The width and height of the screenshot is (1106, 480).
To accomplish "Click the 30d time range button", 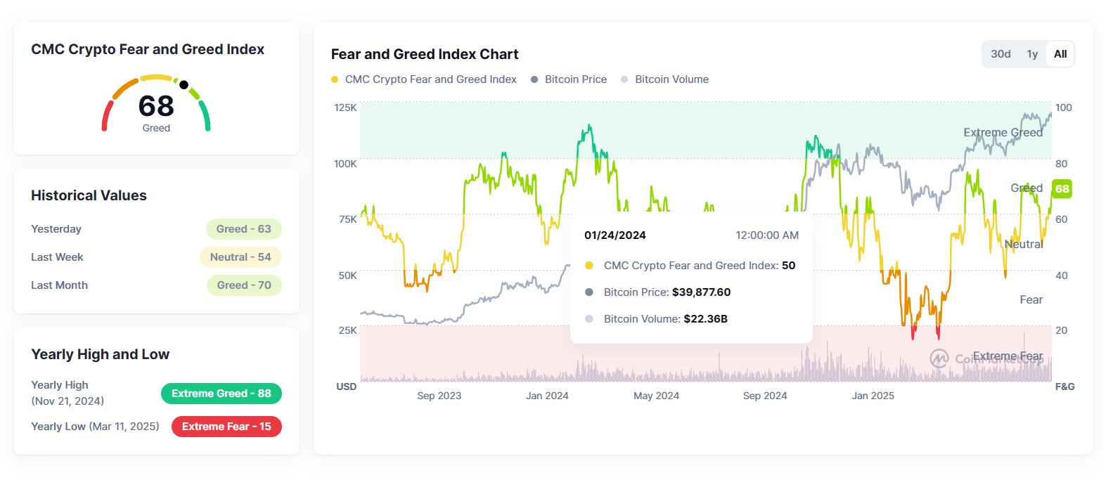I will coord(1001,54).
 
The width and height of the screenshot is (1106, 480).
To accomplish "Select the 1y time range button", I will coord(1032,54).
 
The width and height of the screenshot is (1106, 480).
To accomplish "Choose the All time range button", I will coord(1060,54).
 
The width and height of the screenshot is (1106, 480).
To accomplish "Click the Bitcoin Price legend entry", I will coord(575,79).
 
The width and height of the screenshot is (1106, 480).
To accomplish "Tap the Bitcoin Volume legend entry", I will coord(671,79).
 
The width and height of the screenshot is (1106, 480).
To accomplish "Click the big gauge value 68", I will coord(156,107).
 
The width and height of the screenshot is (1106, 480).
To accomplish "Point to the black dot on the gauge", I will coord(184,85).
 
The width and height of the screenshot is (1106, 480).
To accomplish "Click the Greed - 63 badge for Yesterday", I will coord(243,229).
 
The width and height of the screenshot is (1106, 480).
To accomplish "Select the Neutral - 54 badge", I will coord(240,257).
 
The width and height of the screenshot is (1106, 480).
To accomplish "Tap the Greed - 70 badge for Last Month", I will coord(244,285).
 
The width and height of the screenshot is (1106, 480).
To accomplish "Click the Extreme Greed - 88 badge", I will coord(221,394).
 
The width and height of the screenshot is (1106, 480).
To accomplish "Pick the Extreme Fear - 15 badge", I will coord(226,427).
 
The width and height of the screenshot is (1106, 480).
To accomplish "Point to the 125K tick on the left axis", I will coord(345,108).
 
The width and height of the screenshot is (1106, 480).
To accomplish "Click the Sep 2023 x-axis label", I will coord(439,396).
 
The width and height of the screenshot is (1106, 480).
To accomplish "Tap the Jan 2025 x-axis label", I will coord(873,396).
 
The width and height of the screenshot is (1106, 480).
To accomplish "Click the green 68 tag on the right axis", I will coord(1062,188).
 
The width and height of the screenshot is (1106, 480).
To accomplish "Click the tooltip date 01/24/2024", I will coord(615,235).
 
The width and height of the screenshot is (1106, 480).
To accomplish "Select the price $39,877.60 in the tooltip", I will coord(701,292).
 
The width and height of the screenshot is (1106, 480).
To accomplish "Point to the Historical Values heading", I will coord(89,195).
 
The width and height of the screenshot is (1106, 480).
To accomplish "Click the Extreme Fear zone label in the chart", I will coord(1008,356).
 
